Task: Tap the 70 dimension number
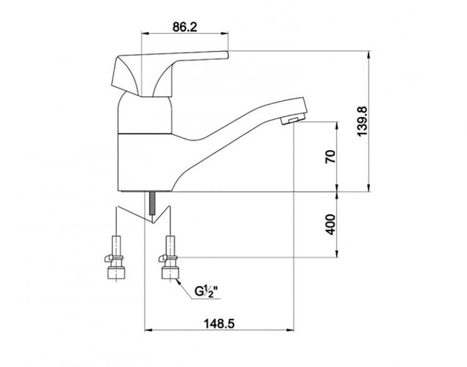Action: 330,156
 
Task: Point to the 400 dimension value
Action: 330,224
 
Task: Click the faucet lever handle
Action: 168,69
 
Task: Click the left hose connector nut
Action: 116,273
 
